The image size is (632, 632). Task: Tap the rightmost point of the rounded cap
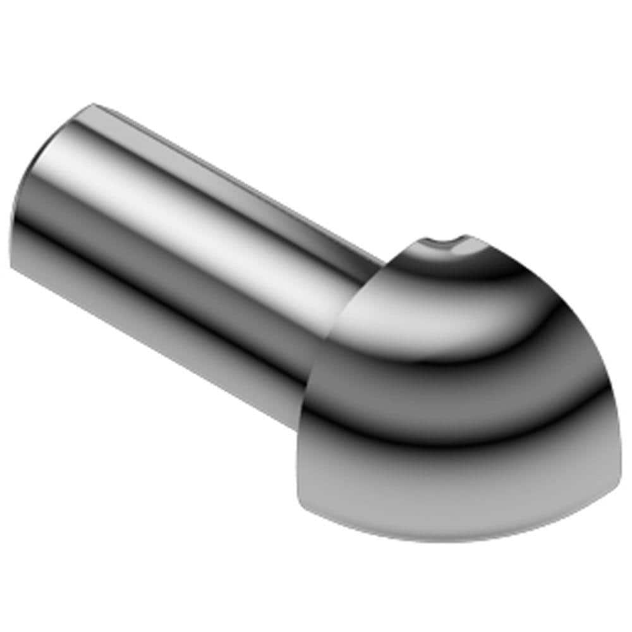pyautogui.click(x=612, y=404)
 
